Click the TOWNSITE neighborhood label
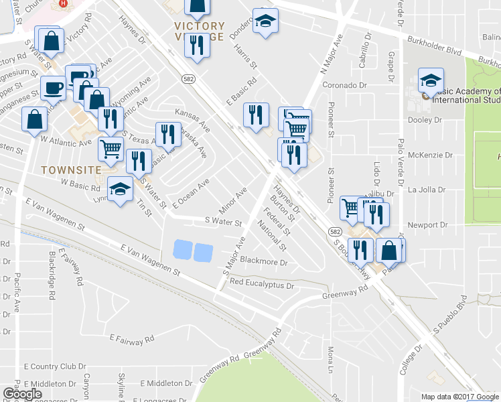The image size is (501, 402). click(72, 170)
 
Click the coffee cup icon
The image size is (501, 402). click(52, 88)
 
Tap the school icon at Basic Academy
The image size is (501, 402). click(431, 81)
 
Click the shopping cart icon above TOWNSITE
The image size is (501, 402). click(111, 148)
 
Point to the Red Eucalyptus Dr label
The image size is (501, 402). click(262, 285)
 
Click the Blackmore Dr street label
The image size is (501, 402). click(263, 261)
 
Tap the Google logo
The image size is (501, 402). click(22, 394)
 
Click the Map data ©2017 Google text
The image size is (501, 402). click(460, 397)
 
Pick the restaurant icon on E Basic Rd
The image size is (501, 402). click(255, 115)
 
